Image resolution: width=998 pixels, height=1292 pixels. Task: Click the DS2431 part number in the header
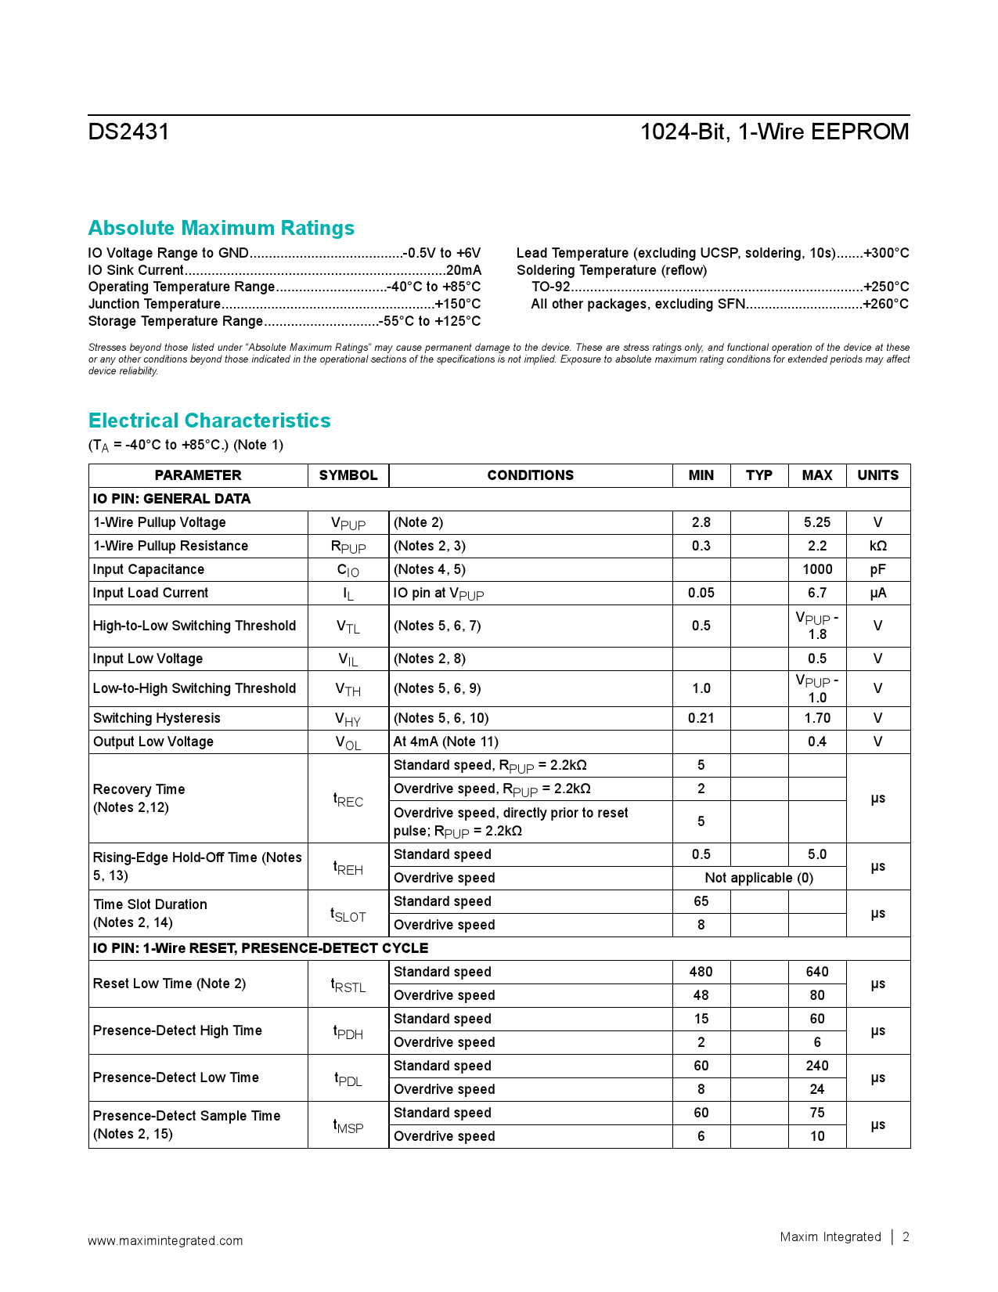[x=128, y=132]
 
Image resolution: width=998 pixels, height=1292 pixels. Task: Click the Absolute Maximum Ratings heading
[x=221, y=228]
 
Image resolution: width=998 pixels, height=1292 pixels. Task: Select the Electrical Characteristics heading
[x=209, y=420]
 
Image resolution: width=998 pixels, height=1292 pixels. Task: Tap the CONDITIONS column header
[x=530, y=475]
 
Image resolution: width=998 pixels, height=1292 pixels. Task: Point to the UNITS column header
[x=877, y=475]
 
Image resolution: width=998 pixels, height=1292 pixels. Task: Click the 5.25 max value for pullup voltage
[x=816, y=522]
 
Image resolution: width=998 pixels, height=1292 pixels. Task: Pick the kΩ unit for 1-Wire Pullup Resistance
[x=877, y=546]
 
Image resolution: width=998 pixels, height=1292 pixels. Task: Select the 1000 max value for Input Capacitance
[x=816, y=569]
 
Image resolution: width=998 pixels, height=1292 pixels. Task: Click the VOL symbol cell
[x=348, y=742]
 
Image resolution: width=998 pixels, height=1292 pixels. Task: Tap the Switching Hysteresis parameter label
[x=157, y=718]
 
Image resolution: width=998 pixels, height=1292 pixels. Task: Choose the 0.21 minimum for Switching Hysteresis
[x=701, y=718]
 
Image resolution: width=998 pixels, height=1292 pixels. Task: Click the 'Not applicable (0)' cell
[x=758, y=878]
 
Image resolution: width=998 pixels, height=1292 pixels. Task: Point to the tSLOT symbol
[x=348, y=914]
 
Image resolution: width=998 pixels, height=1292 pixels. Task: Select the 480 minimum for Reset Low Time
[x=701, y=972]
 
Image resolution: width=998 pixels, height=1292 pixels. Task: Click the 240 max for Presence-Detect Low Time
[x=816, y=1066]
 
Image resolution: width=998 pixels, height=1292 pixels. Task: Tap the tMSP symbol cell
[x=348, y=1125]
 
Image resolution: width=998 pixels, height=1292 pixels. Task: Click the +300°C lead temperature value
[x=886, y=253]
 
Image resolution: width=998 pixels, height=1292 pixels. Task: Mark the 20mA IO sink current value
[x=463, y=270]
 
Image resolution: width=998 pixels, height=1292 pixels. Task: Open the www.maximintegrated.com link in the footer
[x=165, y=1240]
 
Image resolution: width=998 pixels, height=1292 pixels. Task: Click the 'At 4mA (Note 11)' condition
[x=445, y=742]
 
